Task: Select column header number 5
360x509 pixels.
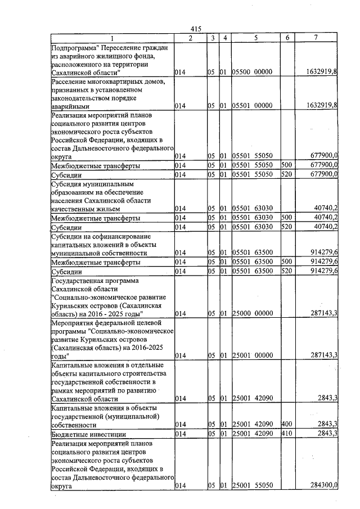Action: (255, 38)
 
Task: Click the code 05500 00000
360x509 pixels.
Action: (253, 73)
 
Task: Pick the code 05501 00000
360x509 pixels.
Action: (253, 105)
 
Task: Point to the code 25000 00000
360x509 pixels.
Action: (253, 313)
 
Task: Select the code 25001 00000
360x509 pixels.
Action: (253, 355)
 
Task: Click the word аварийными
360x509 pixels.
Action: (70, 106)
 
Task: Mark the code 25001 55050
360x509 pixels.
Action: (253, 486)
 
